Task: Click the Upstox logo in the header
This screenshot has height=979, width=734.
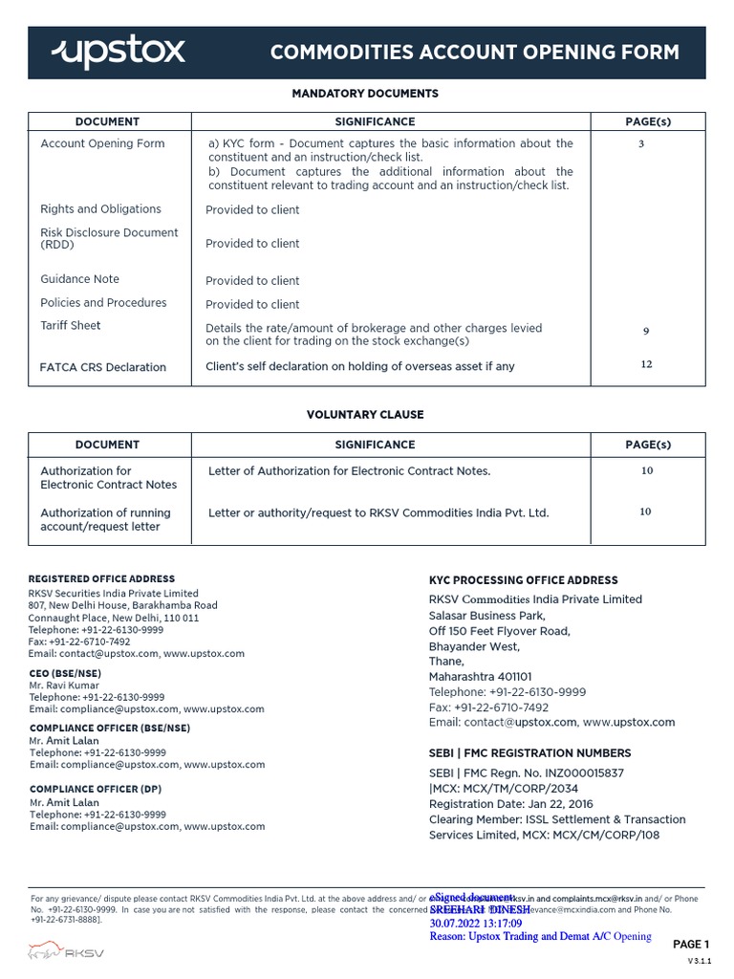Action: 118,52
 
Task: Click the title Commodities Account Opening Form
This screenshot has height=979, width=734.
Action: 475,53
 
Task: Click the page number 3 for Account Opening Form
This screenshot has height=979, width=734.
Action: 640,144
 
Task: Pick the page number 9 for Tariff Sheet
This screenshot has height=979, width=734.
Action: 646,332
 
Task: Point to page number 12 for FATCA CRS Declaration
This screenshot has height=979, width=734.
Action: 646,364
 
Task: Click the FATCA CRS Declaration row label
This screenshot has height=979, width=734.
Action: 102,367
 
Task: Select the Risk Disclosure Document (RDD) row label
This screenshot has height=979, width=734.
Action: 109,239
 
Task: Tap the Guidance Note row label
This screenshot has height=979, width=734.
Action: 79,279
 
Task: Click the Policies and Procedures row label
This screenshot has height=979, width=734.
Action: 103,303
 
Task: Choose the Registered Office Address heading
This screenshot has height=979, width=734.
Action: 101,579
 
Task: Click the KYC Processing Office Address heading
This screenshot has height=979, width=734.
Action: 523,580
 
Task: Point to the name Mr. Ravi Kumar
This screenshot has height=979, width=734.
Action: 65,686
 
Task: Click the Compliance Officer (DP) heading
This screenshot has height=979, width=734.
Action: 95,790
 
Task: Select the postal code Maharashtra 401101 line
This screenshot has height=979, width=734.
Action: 480,677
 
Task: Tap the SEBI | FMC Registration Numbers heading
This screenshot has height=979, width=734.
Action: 529,753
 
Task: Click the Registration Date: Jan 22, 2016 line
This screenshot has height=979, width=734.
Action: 510,804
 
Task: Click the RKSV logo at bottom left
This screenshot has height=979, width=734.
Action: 66,952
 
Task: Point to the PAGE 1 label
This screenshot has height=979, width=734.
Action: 691,945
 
